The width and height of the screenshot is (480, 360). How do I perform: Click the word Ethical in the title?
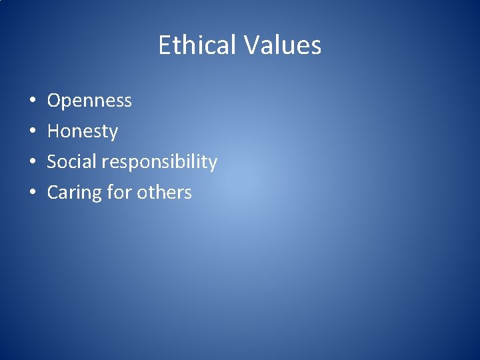click(197, 45)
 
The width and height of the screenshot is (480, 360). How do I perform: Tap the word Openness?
click(89, 101)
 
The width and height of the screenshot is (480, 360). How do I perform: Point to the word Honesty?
click(82, 131)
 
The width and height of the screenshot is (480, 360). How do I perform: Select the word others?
click(164, 193)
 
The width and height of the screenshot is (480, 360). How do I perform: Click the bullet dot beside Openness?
click(32, 101)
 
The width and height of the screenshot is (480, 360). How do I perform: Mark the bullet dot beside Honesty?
click(32, 132)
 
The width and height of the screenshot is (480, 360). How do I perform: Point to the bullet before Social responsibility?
click(32, 163)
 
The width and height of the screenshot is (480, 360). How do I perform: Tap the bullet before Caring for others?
click(32, 193)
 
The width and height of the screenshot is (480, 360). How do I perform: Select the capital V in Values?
click(251, 45)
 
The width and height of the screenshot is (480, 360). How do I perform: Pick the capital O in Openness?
click(54, 101)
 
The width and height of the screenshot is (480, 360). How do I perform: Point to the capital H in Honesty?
click(53, 131)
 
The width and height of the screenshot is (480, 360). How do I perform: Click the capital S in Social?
click(52, 162)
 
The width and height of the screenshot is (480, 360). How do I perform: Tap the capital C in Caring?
click(53, 193)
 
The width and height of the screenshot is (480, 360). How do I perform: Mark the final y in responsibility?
click(213, 164)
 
